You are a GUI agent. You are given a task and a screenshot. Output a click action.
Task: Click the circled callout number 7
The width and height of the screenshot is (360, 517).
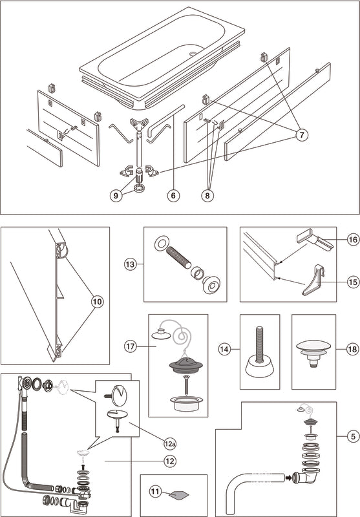click(x=302, y=135)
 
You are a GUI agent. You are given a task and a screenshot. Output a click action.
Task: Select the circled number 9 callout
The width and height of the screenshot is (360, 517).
click(x=116, y=196)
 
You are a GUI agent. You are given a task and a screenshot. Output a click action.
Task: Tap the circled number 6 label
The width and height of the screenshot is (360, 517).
click(x=173, y=196)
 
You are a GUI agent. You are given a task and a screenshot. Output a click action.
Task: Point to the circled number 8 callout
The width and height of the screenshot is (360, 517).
click(x=207, y=196)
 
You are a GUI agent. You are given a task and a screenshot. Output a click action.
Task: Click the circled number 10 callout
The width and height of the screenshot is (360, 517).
click(x=98, y=302)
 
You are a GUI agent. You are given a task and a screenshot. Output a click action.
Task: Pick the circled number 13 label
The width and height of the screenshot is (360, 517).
click(x=131, y=264)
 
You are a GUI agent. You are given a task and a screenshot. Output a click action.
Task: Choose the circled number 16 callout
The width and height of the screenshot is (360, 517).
click(x=353, y=240)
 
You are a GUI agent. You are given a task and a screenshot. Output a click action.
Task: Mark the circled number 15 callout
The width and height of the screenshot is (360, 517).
click(x=353, y=282)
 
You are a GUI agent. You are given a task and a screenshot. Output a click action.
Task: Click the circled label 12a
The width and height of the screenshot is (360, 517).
click(x=170, y=444)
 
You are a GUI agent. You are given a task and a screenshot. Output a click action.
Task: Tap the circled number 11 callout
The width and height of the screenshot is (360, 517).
click(x=155, y=492)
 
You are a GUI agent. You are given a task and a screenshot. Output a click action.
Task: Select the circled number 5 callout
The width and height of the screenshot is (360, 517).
click(x=353, y=437)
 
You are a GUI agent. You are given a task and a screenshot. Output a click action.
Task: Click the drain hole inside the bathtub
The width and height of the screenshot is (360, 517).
click(x=193, y=53)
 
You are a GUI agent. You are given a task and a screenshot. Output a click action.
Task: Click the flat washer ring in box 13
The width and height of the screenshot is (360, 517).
click(x=162, y=244)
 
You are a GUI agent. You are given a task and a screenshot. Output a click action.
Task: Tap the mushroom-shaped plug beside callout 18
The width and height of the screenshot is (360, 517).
click(x=313, y=353)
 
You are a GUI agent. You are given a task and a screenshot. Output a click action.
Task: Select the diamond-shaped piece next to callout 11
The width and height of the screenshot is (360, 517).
click(x=180, y=494)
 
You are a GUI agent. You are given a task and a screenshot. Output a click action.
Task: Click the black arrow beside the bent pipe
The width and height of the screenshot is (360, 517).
click(x=288, y=478)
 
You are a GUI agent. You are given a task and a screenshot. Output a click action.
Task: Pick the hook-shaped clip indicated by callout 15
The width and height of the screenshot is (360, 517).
click(x=314, y=280)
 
